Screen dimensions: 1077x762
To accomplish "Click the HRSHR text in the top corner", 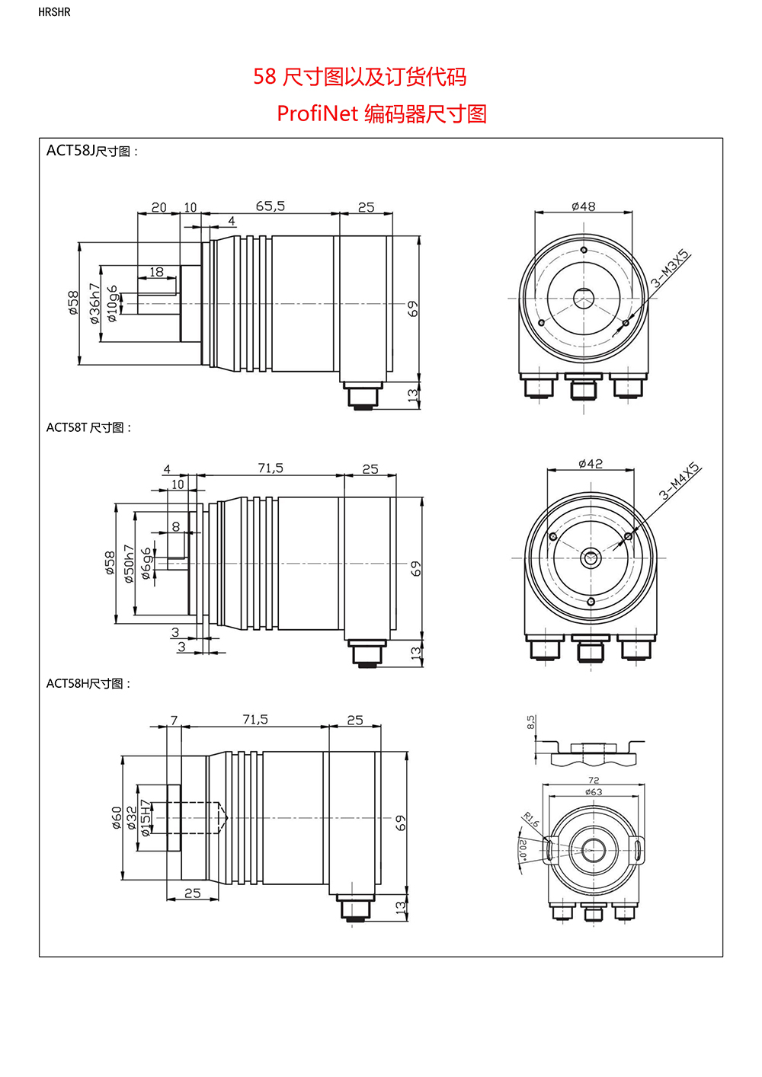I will click(x=54, y=12).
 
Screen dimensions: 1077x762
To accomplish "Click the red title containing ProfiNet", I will click(x=382, y=113).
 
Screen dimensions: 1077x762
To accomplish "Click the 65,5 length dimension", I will click(x=270, y=206).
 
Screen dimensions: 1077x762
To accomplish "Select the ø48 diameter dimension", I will click(x=584, y=206).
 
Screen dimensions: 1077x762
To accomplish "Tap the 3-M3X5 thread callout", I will click(x=670, y=269).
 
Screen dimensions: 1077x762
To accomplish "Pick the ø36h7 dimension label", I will click(x=94, y=304).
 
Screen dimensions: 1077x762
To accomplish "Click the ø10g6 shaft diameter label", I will click(x=113, y=304).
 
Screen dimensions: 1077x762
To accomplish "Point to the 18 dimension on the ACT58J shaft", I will click(x=156, y=272).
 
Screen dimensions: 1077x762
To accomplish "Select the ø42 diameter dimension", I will click(x=591, y=463).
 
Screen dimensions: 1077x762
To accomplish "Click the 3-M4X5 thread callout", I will click(x=679, y=481).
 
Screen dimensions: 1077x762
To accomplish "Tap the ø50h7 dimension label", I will click(x=129, y=564).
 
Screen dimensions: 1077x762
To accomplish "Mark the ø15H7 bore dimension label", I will click(x=146, y=818).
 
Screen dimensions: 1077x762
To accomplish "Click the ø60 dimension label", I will click(x=117, y=817).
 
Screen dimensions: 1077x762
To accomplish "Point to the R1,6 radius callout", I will click(x=530, y=820).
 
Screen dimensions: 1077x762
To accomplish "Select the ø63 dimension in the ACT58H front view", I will click(x=594, y=792).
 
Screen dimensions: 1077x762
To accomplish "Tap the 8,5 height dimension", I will click(x=531, y=722).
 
